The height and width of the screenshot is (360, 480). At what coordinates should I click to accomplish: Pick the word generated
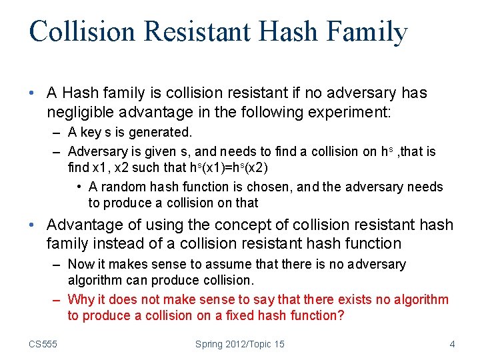tap(158, 133)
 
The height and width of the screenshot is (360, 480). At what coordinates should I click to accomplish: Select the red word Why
tap(81, 299)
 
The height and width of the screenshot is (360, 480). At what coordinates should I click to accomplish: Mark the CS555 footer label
tap(43, 344)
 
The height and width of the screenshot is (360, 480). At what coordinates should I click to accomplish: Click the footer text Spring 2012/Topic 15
tap(240, 344)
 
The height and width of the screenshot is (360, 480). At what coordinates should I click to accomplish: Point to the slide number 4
tap(453, 344)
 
